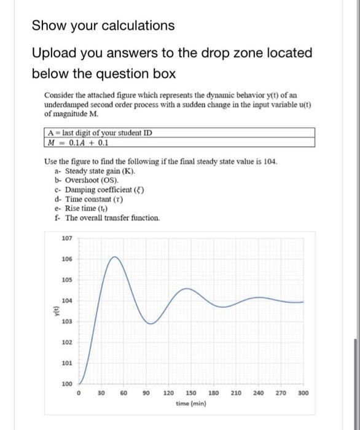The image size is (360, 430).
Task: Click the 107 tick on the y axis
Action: [66, 238]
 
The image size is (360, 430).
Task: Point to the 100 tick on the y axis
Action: [66, 384]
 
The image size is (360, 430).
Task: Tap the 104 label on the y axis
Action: [66, 300]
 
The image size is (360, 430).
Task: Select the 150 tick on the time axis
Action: [191, 393]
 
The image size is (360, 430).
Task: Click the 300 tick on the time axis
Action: [303, 393]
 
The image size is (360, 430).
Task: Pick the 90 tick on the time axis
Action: [146, 393]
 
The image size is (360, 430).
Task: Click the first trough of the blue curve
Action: [149, 323]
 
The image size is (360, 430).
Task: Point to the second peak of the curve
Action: [184, 289]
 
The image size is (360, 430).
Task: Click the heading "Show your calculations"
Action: [103, 26]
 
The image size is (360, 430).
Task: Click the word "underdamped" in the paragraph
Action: [68, 105]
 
